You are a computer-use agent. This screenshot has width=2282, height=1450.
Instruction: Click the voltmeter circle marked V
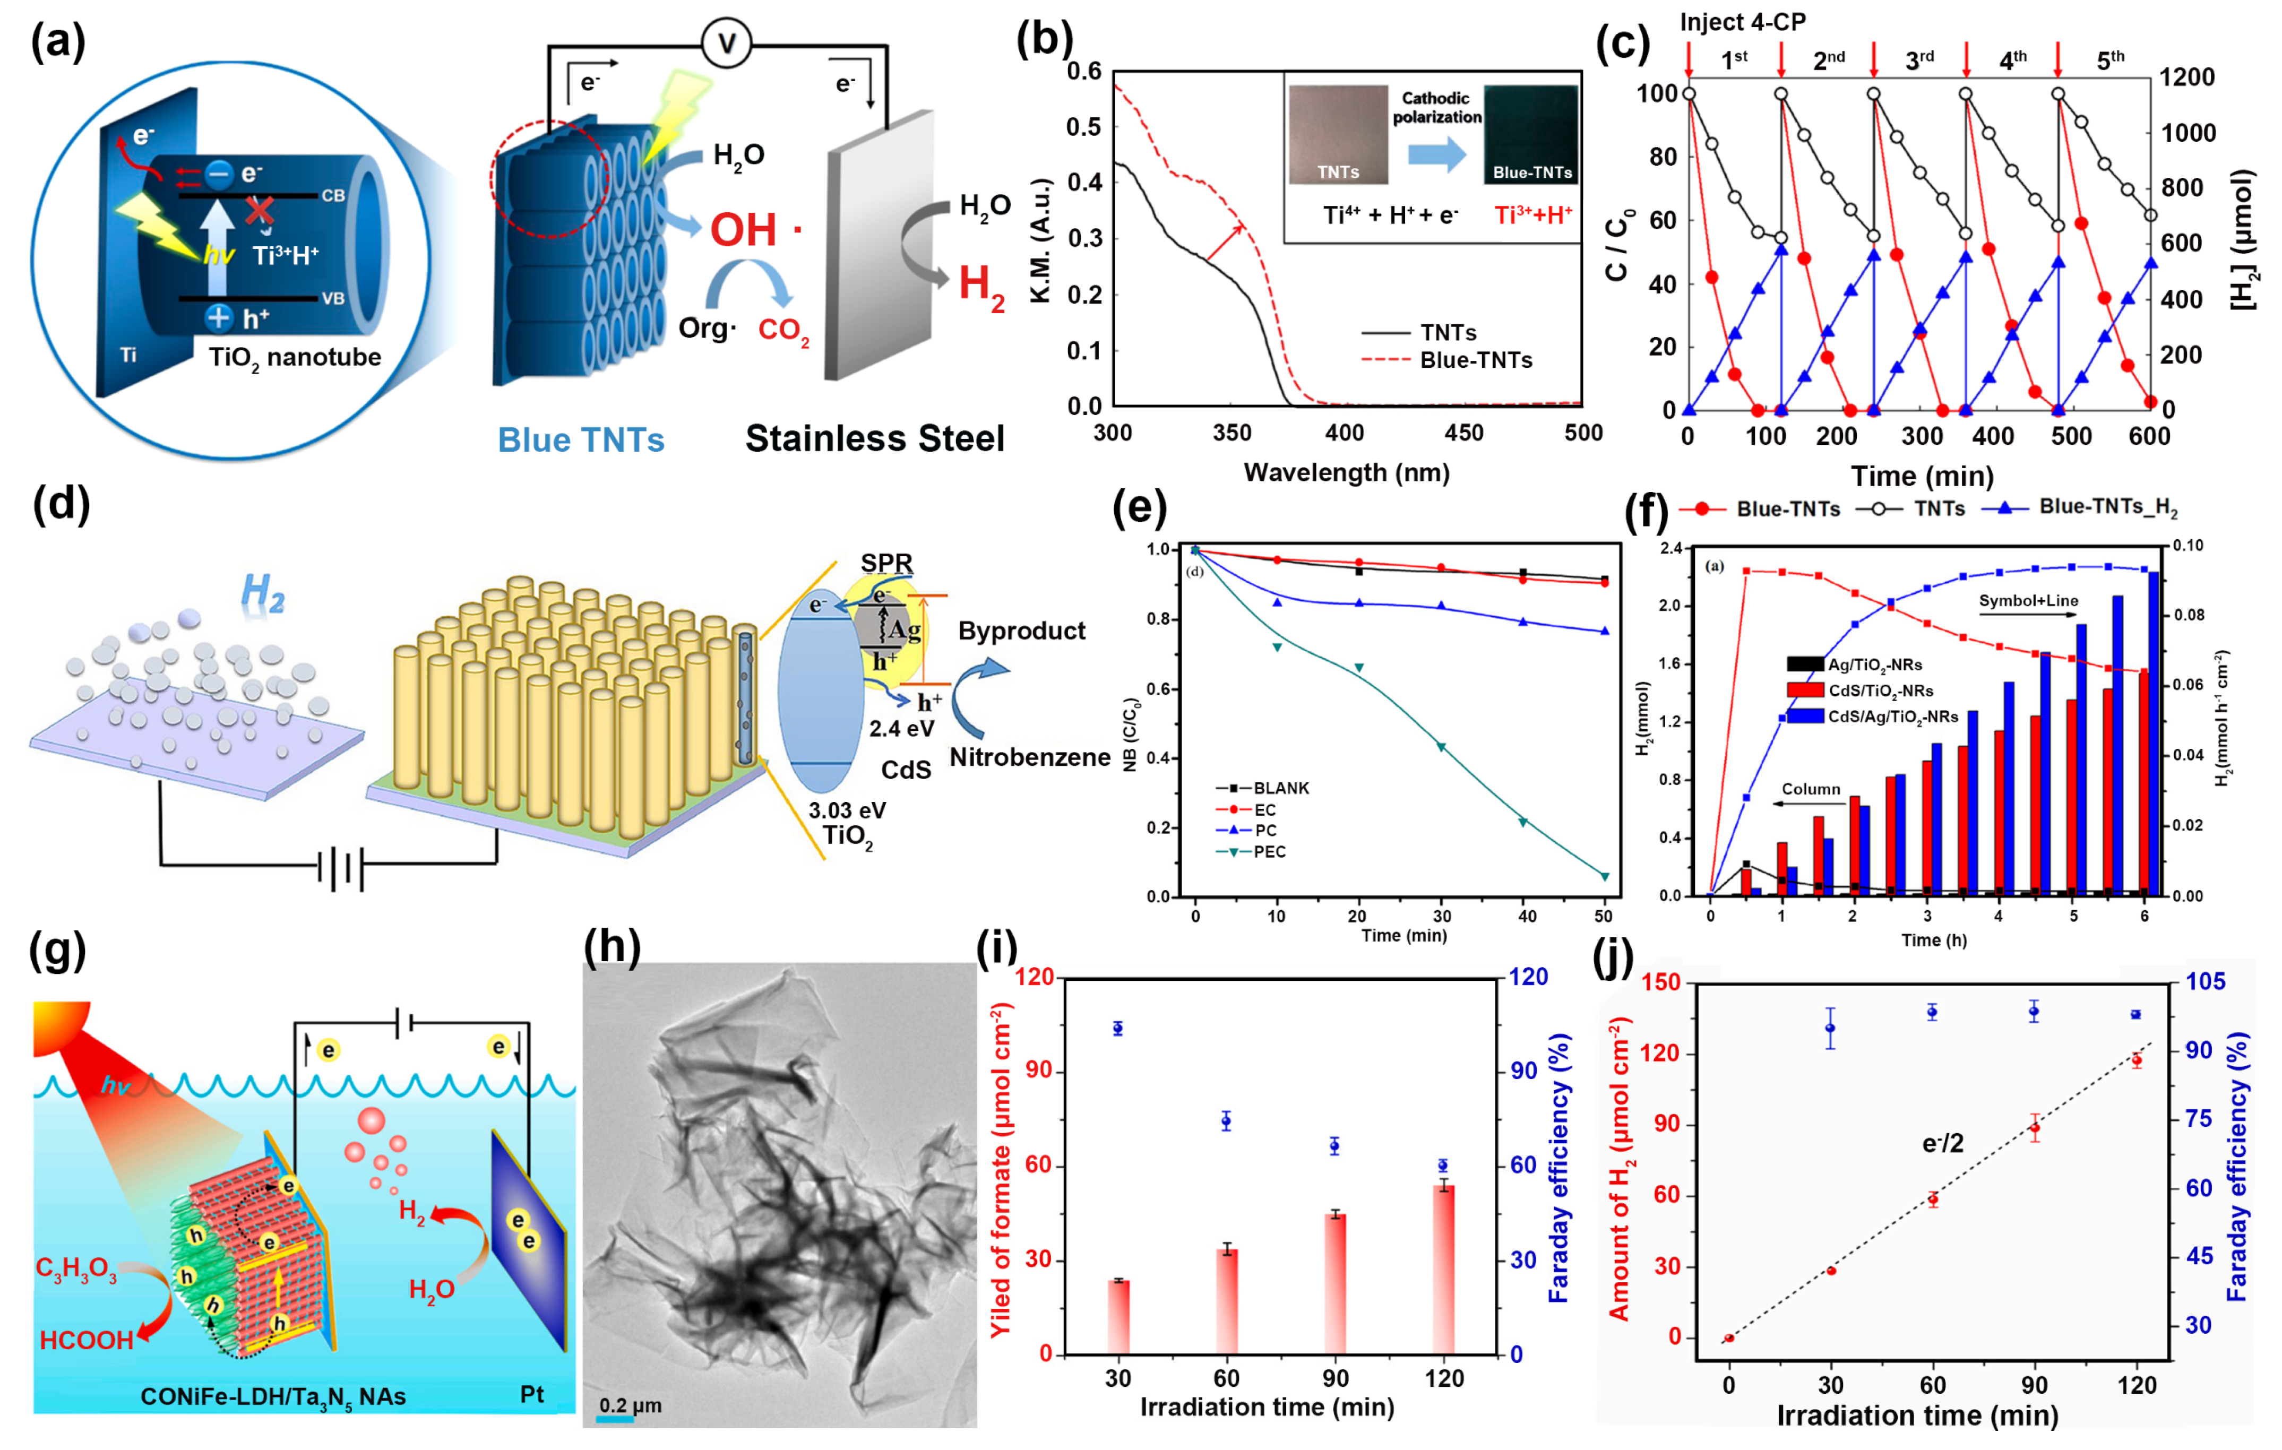726,44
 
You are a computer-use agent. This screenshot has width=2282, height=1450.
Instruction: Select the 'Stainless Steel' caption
874,439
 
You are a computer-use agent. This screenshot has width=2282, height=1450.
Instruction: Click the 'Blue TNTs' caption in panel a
581,440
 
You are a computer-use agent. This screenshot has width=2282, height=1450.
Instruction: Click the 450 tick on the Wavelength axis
1463,433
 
